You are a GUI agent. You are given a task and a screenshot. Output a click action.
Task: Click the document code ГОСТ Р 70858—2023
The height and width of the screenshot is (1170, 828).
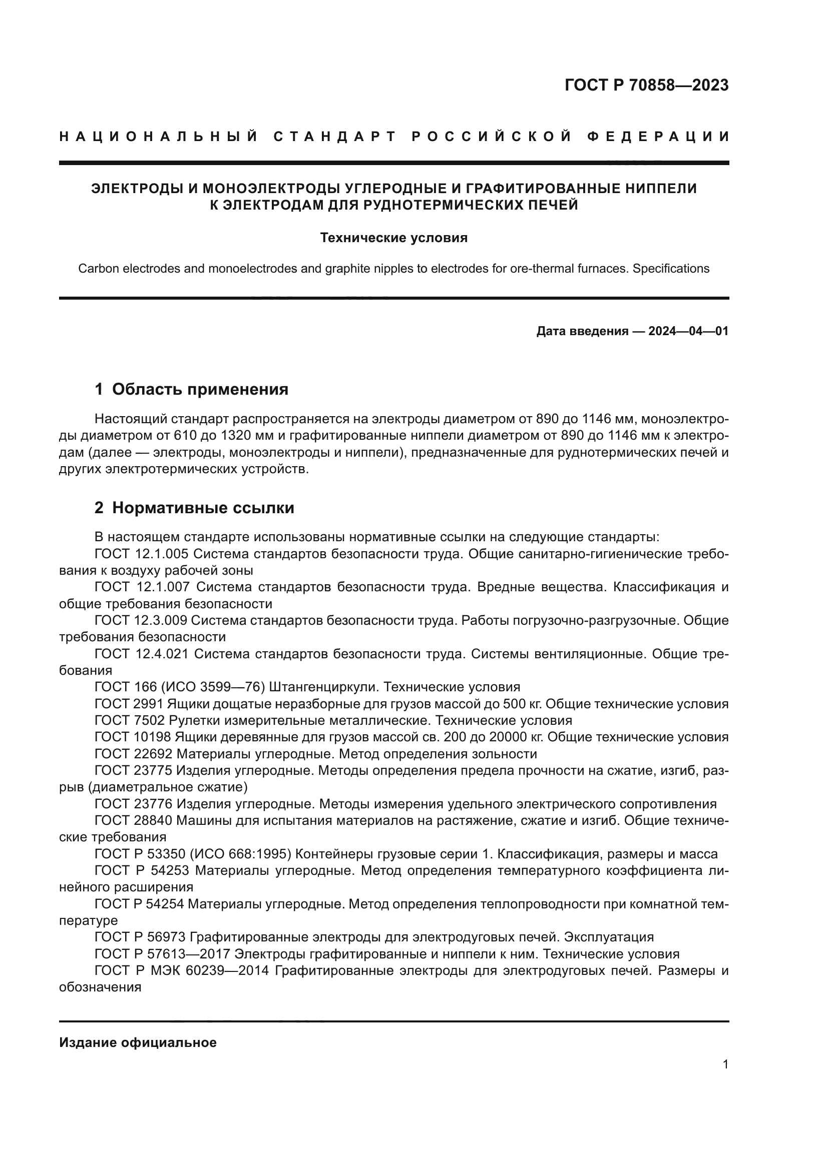646,85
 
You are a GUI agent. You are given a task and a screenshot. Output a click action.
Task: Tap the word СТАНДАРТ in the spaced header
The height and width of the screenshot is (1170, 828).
335,137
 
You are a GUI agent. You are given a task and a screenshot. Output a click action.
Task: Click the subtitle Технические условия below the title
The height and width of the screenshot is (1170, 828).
393,238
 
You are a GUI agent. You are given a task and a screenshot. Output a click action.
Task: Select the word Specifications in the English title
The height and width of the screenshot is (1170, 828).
670,269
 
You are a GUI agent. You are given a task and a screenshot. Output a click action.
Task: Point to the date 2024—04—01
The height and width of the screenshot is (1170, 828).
688,331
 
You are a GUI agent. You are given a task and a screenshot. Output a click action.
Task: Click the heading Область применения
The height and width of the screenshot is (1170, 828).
200,389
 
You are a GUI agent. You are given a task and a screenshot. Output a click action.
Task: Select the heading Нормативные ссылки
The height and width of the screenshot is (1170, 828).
203,508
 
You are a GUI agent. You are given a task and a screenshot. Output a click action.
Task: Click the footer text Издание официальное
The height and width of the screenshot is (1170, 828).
138,1042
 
